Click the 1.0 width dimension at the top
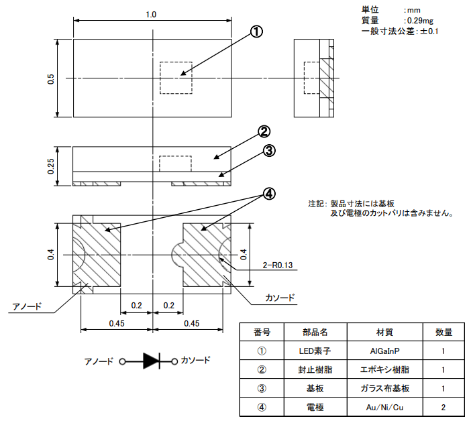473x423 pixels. click(151, 15)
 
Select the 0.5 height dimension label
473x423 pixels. click(51, 78)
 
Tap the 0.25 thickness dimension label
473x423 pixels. click(51, 166)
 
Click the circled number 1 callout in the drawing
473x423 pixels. click(256, 32)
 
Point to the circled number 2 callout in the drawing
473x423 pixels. click(264, 132)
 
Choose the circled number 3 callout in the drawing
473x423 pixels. click(270, 150)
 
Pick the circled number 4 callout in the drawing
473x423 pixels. click(270, 194)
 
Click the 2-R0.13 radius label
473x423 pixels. click(278, 265)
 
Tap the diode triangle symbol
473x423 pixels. click(151, 361)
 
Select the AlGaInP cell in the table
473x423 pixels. click(384, 351)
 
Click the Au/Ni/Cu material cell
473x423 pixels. click(384, 408)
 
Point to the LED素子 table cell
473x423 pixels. click(315, 351)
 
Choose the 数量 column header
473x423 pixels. click(443, 333)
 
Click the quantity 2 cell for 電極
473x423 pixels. click(443, 408)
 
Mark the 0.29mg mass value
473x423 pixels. click(420, 21)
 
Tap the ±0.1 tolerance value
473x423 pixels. click(429, 31)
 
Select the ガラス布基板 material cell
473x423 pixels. click(384, 388)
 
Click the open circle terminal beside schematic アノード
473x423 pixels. click(122, 361)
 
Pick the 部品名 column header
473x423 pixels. click(315, 333)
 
